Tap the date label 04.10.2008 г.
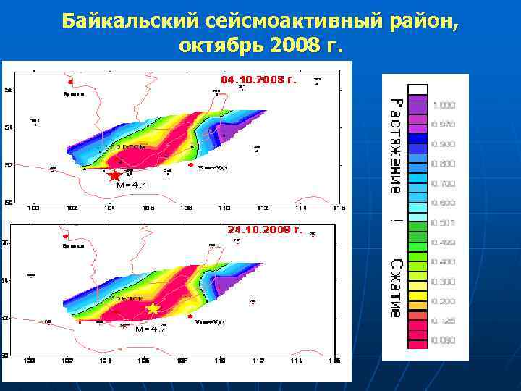pos(258,80)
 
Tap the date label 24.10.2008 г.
pos(264,230)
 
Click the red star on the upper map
pos(114,176)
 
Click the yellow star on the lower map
pos(153,309)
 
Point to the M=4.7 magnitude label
pos(151,329)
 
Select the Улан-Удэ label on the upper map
pos(212,167)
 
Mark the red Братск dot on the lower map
pos(65,237)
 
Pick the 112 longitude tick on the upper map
pos(262,209)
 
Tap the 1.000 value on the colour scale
pos(444,106)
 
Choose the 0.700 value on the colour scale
pos(443,184)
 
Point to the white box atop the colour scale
pos(418,90)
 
